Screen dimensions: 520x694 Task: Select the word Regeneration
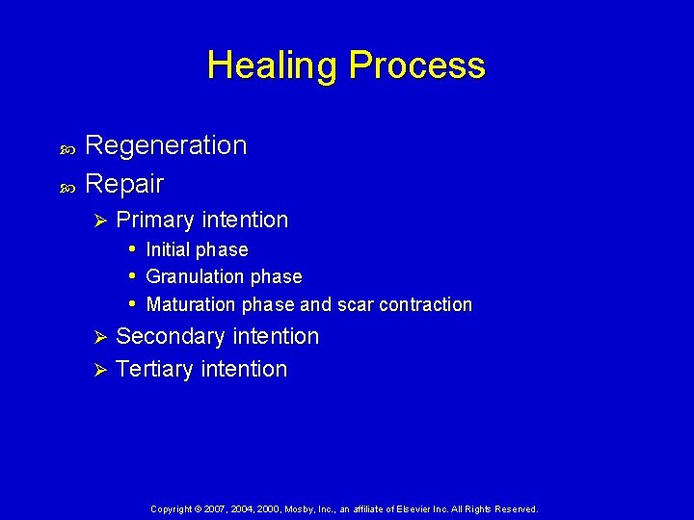166,145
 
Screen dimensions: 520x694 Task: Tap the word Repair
124,183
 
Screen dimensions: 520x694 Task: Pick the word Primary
152,221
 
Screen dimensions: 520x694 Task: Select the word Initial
168,249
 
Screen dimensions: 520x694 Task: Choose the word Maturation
191,305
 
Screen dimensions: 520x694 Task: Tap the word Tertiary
154,370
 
